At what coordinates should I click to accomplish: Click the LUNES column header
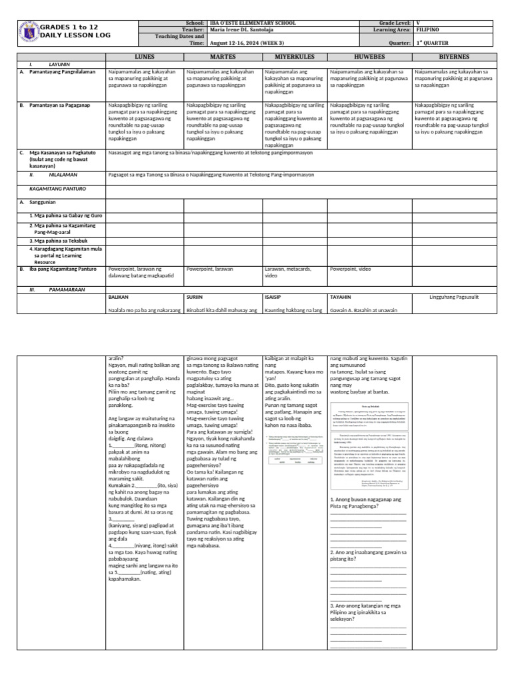[x=144, y=57]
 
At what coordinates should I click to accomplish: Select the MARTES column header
[x=223, y=57]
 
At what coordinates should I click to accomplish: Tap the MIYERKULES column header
[x=294, y=57]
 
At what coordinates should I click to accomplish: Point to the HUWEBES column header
[x=368, y=57]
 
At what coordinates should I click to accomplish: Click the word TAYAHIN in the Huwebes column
[x=341, y=297]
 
